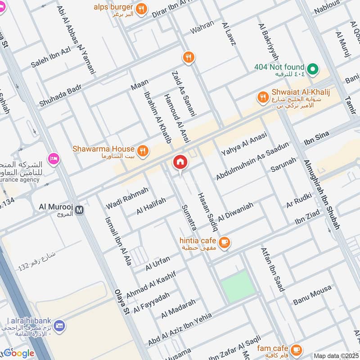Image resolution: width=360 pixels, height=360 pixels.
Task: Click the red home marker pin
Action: click(x=180, y=162)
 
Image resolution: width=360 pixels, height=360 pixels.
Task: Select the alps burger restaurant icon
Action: click(x=141, y=9)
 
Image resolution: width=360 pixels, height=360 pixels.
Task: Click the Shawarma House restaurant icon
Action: click(x=143, y=151)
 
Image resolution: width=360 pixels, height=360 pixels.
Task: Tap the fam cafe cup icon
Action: click(x=296, y=349)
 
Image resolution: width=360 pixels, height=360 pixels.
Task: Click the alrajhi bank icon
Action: click(x=59, y=324)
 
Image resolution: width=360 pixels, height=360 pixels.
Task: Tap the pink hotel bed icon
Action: click(x=54, y=159)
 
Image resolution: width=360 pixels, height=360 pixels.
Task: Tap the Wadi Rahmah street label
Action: click(x=127, y=198)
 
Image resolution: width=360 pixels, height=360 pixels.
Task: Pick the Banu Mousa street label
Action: click(x=312, y=295)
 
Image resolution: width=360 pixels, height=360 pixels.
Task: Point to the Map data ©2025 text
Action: click(x=335, y=355)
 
